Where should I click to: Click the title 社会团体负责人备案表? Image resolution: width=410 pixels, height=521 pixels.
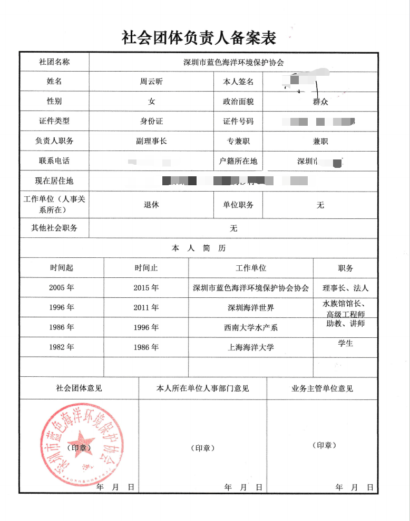(x=199, y=37)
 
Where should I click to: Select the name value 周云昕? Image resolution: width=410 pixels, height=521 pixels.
(x=152, y=82)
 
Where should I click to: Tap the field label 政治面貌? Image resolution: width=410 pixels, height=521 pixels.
(x=238, y=102)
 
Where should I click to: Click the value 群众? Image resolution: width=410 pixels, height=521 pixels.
(x=320, y=102)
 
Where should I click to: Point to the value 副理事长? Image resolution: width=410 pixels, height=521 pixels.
(x=151, y=141)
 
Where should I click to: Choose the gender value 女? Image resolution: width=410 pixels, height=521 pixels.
(x=151, y=101)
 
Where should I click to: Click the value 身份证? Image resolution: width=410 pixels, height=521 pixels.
(x=151, y=121)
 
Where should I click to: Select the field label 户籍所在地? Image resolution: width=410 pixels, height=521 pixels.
(x=238, y=161)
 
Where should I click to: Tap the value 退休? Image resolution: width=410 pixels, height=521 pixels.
(x=151, y=205)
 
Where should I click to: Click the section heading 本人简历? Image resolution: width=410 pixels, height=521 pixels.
(x=199, y=248)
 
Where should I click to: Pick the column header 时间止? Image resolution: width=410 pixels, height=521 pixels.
(x=146, y=268)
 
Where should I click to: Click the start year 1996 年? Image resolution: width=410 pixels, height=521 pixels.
(x=62, y=307)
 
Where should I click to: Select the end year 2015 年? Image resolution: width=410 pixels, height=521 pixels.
(x=146, y=288)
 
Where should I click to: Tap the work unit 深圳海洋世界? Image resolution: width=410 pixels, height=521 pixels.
(x=251, y=307)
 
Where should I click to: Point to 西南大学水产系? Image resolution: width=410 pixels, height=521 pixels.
(x=251, y=327)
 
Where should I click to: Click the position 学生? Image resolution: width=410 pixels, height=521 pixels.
(x=346, y=343)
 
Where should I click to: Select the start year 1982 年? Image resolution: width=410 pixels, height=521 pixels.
(x=62, y=347)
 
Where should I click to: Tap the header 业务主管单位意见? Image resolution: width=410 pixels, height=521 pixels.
(x=322, y=388)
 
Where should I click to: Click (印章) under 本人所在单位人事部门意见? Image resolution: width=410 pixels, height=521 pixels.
(x=203, y=448)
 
